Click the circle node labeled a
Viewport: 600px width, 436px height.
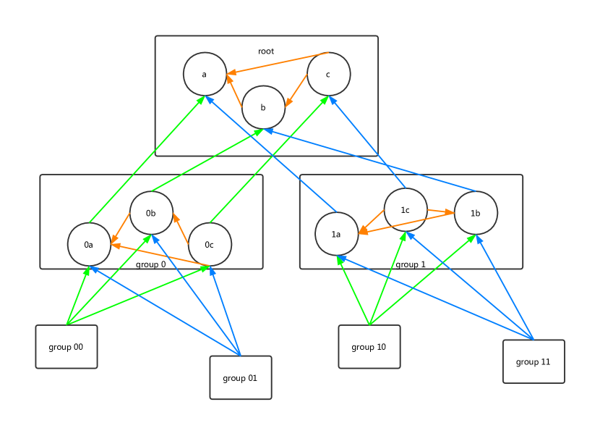tap(205, 74)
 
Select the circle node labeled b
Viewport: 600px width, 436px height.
tap(263, 107)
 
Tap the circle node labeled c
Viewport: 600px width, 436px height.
tap(328, 74)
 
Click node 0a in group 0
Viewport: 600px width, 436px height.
tap(89, 244)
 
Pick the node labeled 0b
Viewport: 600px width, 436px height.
tap(151, 213)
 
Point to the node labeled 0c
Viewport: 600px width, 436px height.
tap(210, 244)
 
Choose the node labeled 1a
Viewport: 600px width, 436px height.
tap(336, 233)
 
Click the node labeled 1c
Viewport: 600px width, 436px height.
tap(406, 209)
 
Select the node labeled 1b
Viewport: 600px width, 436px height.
tap(476, 213)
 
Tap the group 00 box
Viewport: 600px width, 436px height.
tap(67, 347)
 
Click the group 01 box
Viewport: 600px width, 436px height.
tap(241, 377)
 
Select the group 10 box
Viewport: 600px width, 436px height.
tap(369, 347)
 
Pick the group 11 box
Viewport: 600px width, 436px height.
tap(533, 361)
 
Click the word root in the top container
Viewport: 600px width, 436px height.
tap(266, 51)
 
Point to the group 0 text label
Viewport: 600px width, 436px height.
tap(150, 264)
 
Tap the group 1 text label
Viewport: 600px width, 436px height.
tap(411, 264)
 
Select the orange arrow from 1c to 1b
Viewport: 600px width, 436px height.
tap(440, 211)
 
